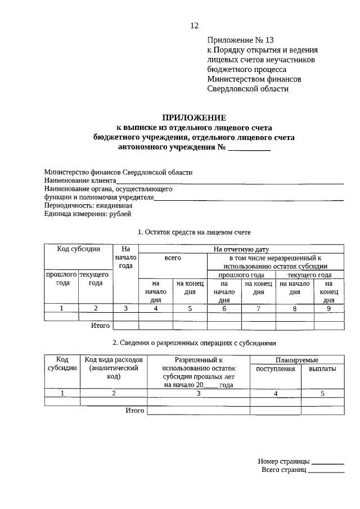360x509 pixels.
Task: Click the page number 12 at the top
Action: [195, 25]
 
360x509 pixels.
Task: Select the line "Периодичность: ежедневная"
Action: [84, 206]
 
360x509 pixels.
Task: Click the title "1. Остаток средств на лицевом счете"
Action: [194, 232]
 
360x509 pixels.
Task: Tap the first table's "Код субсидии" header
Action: [79, 249]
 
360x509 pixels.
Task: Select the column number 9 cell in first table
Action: [328, 308]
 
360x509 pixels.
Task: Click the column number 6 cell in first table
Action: [224, 308]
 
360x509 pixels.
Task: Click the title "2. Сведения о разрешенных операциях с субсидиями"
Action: [194, 343]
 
